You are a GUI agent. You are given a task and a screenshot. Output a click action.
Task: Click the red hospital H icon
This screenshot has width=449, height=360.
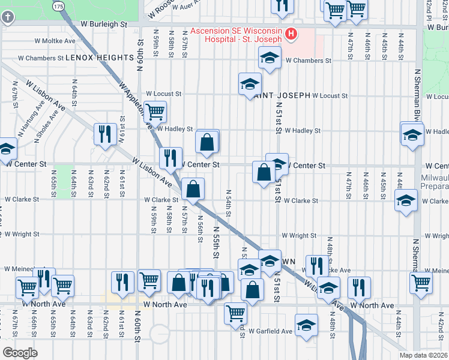click(x=291, y=34)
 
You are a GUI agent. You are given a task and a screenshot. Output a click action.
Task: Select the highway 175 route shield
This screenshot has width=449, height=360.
click(x=58, y=5)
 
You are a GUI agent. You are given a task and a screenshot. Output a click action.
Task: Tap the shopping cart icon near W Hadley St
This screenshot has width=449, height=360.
click(x=155, y=111)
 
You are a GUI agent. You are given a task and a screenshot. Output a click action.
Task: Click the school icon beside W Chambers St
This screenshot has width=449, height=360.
click(x=270, y=58)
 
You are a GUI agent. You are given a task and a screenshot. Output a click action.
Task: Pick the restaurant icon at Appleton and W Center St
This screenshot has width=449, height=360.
click(x=170, y=157)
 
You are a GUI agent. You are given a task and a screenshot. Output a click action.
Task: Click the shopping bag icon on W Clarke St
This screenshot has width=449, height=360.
click(x=193, y=189)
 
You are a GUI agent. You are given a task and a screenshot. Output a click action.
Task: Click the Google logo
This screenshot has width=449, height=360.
click(x=20, y=352)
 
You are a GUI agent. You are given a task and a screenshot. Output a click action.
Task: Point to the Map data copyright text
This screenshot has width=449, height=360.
click(x=423, y=355)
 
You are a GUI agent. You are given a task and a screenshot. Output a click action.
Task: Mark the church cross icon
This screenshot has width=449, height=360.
click(x=7, y=17)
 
